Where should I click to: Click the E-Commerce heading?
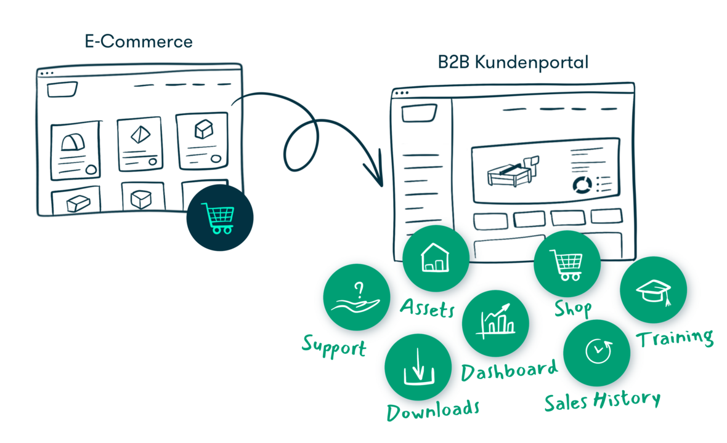pos(139,42)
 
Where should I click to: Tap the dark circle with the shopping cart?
pos(220,218)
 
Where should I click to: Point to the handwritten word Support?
pos(334,346)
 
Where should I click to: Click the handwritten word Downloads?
pos(433,409)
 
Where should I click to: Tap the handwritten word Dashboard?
pos(510,370)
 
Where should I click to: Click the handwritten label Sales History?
pos(602,401)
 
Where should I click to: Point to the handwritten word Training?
pos(675,337)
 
